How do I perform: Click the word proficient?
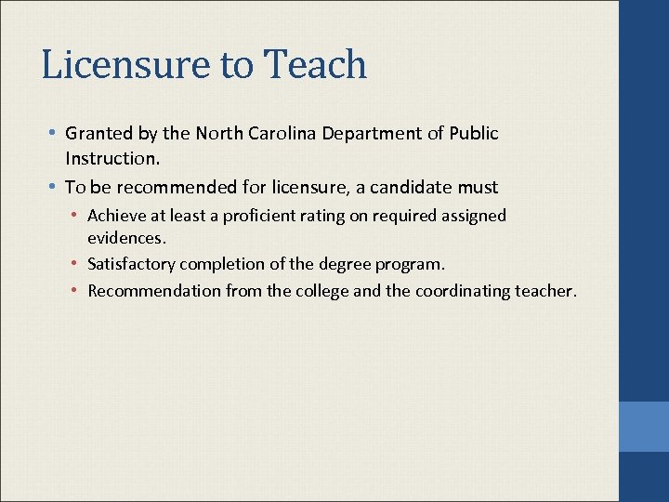(x=269, y=216)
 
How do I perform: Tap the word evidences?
(x=126, y=238)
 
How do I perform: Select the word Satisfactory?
(x=131, y=264)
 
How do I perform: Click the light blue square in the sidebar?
(x=644, y=427)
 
